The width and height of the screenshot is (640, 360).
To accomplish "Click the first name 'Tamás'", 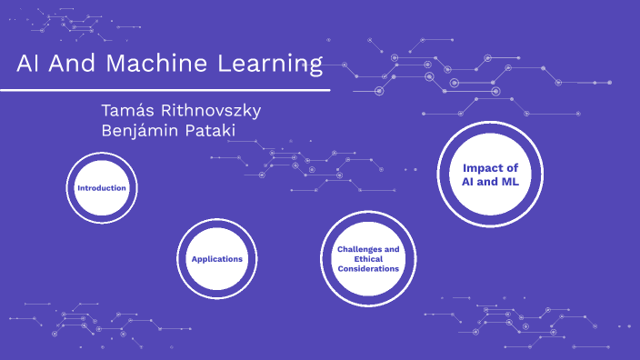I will click(x=133, y=110).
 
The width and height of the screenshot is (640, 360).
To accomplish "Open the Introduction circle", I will click(x=102, y=188).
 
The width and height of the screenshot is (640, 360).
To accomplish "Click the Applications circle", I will click(x=216, y=259).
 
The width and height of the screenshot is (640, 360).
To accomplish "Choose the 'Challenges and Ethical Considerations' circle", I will click(x=367, y=259).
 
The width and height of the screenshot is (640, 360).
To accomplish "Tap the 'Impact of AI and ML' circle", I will click(x=490, y=175).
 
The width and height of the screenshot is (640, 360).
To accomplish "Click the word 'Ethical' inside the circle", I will click(x=367, y=259).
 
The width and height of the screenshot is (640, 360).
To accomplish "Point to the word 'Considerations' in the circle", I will click(x=367, y=269).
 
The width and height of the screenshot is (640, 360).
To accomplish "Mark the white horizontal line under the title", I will click(x=164, y=90).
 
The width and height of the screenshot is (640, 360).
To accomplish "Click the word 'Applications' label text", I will click(x=216, y=259).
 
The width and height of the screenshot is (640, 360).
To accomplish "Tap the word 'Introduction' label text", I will click(x=102, y=188).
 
